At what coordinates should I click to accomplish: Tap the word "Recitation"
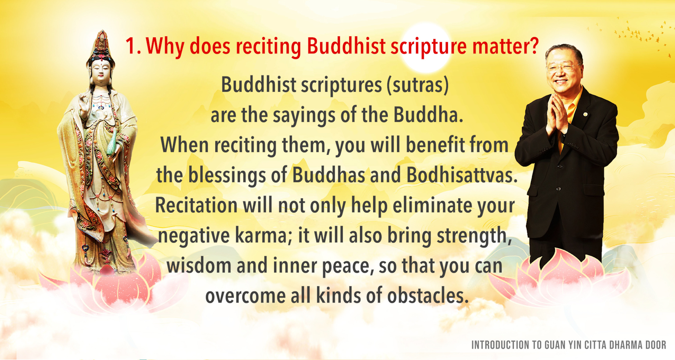(x=196, y=205)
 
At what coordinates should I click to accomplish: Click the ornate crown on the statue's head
(x=101, y=45)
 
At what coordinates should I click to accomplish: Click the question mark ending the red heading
(x=533, y=46)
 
